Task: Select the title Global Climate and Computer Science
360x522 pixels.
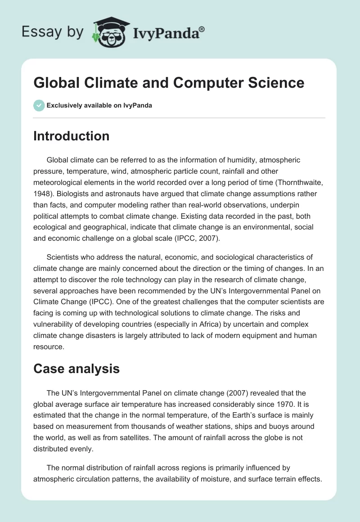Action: tap(169, 83)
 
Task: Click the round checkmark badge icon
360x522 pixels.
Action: tap(39, 105)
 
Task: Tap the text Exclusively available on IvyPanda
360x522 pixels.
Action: tap(99, 106)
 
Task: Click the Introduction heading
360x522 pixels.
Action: tap(71, 136)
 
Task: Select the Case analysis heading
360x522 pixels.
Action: tap(76, 369)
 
